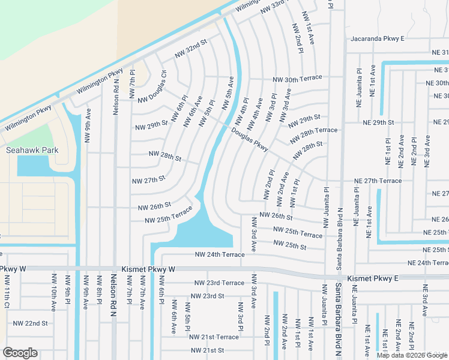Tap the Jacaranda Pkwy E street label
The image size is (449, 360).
click(x=378, y=38)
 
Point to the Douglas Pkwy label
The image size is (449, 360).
click(x=250, y=139)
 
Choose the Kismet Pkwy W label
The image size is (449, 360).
click(x=148, y=270)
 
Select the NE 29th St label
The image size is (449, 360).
click(x=378, y=122)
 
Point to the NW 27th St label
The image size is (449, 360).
click(x=148, y=179)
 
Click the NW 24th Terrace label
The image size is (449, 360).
click(x=220, y=254)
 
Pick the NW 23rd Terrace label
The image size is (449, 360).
click(x=219, y=283)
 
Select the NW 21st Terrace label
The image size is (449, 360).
click(x=215, y=337)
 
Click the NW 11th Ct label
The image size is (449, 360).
click(x=7, y=292)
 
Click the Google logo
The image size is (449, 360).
click(x=20, y=353)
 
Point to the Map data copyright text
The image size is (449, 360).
click(x=412, y=355)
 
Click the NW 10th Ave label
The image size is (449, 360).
click(x=54, y=293)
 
